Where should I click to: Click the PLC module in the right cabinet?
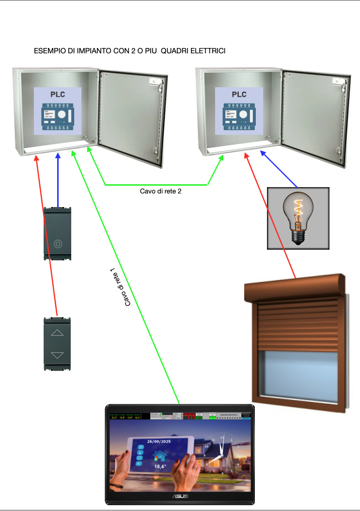click(239, 112)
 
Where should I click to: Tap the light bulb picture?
click(298, 218)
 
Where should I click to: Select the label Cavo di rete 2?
click(160, 192)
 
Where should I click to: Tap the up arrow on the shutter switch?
click(57, 333)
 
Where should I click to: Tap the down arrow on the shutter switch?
click(57, 355)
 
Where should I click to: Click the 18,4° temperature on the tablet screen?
click(160, 466)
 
